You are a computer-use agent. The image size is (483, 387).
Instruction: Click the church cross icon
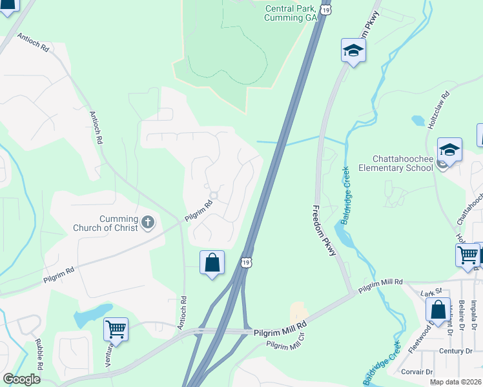pyautogui.click(x=148, y=223)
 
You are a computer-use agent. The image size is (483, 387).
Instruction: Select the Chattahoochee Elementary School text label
pyautogui.click(x=402, y=164)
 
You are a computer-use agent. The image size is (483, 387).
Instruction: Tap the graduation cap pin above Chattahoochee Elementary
pyautogui.click(x=449, y=151)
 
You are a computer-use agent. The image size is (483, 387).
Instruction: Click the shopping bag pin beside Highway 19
pyautogui.click(x=212, y=263)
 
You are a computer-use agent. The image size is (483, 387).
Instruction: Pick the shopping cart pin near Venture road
pyautogui.click(x=116, y=330)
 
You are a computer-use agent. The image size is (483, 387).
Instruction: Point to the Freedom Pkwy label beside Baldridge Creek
pyautogui.click(x=324, y=230)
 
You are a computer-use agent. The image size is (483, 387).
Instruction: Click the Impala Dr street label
pyautogui.click(x=473, y=312)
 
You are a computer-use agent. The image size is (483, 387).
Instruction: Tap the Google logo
pyautogui.click(x=21, y=379)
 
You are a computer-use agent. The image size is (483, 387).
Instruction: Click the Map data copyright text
pyautogui.click(x=455, y=382)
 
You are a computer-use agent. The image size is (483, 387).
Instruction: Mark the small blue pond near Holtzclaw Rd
pyautogui.click(x=417, y=121)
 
